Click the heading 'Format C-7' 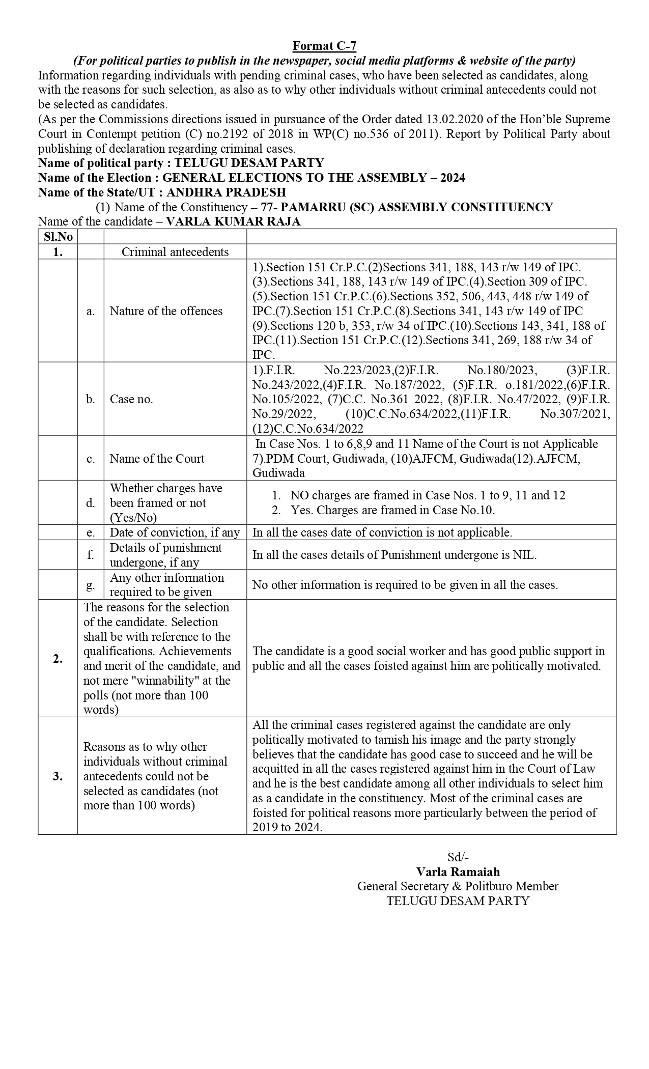tap(324, 46)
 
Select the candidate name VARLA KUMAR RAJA tap(234, 221)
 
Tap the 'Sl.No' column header tap(58, 237)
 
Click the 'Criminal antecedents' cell tap(175, 252)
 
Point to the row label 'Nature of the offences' tap(166, 311)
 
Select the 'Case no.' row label tap(131, 399)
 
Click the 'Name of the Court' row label tap(157, 459)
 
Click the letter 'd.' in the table tap(91, 503)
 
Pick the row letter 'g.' tap(91, 585)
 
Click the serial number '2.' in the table tap(58, 659)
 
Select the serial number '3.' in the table tap(58, 776)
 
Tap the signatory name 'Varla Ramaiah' tap(458, 872)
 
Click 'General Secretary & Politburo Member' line tap(458, 886)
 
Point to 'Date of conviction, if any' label tap(175, 532)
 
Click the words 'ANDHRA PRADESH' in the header tap(226, 192)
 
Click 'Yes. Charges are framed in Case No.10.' tap(392, 510)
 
